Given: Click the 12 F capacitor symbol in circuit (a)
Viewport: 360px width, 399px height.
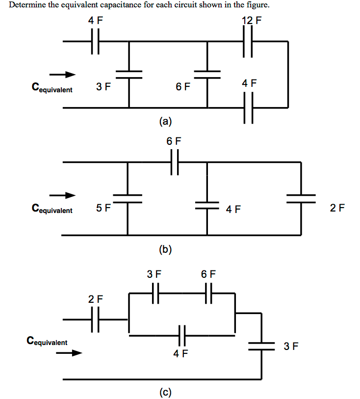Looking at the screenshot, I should coord(248,42).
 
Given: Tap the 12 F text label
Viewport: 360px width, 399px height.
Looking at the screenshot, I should coord(252,21).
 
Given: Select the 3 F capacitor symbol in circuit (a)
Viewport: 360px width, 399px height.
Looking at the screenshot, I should coord(129,74).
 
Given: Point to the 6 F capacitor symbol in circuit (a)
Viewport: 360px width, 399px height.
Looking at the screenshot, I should coord(207,74).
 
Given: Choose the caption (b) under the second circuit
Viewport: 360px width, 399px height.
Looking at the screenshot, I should coord(165,250).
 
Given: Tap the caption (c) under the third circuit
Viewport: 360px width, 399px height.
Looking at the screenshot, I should coord(165,392).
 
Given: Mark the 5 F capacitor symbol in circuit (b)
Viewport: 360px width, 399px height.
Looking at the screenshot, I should coord(128,198).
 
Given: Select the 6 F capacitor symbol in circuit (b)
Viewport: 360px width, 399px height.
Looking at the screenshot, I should coord(174,162).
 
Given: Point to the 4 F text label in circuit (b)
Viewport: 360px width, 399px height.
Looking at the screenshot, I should coord(233,210).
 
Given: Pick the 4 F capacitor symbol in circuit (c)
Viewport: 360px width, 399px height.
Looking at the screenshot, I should coord(181,336).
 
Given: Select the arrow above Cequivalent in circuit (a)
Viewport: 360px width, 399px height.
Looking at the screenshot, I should coord(64,75).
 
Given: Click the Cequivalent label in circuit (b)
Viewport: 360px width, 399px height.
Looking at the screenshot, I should coord(52,210).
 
